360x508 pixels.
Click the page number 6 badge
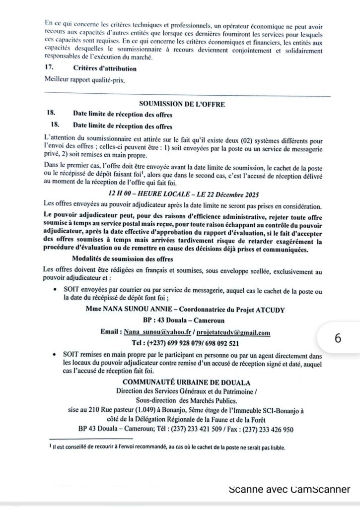pos(338,338)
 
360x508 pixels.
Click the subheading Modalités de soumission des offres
pos(122,259)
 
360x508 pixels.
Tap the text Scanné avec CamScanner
pos(289,489)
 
